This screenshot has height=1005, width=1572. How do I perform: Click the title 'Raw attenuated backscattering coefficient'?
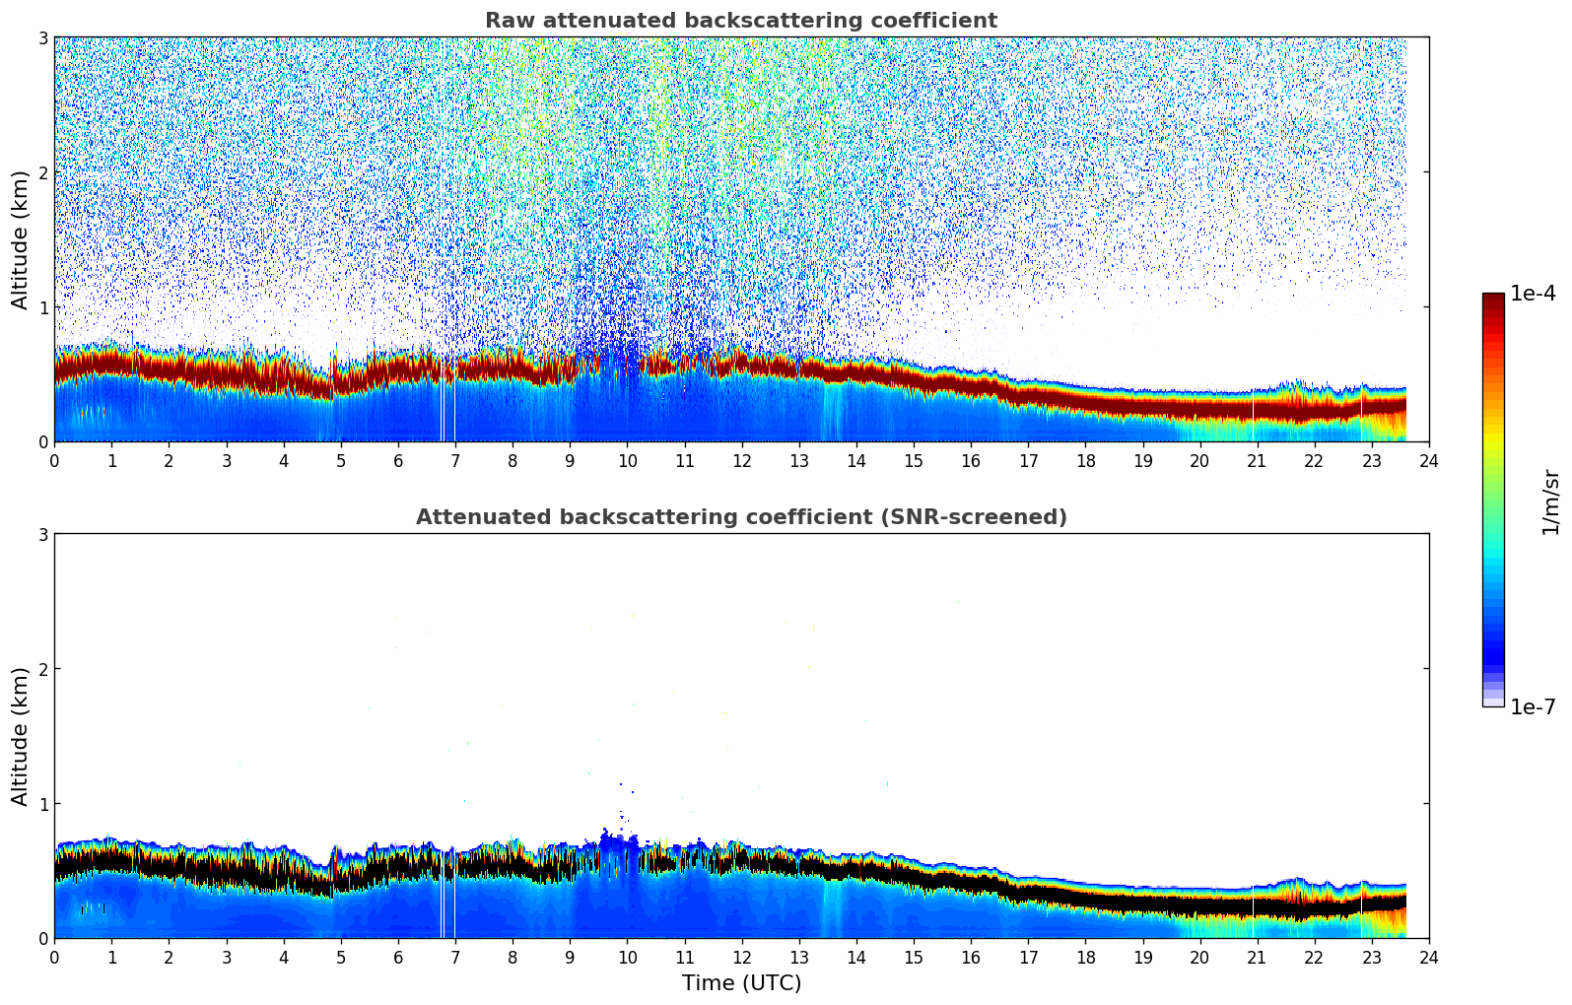pos(740,21)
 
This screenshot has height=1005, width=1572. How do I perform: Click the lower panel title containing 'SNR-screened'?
pos(740,517)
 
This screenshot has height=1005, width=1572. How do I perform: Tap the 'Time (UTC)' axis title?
pos(741,982)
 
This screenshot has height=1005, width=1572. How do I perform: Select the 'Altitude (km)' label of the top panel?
pos(20,239)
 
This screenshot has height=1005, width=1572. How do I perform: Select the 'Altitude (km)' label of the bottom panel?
pos(20,736)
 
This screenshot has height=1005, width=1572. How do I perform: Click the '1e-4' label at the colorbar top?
pos(1533,294)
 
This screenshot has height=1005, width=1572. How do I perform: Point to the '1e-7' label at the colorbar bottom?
pos(1533,706)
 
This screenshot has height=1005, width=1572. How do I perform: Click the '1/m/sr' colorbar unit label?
pos(1550,501)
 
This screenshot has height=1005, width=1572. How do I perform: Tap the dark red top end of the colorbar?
pos(1493,298)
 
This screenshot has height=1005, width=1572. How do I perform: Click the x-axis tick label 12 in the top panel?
pos(741,460)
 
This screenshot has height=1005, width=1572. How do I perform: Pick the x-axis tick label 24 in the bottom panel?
pos(1429,957)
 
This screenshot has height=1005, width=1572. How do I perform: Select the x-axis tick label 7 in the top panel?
pos(455,460)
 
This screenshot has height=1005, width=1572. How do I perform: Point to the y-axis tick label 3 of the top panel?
pos(42,37)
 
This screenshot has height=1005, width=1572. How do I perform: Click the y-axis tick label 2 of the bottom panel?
pos(42,669)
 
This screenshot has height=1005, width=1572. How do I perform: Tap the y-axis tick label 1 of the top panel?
pos(42,307)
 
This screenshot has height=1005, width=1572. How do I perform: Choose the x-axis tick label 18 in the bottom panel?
pos(1085,957)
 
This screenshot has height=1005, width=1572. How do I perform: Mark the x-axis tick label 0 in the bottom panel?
pos(54,957)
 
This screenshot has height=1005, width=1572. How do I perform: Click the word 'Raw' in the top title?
pos(506,21)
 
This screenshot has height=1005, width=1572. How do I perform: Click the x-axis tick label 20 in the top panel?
pos(1199,460)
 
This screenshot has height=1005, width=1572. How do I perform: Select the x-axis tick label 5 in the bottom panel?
pos(341,957)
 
